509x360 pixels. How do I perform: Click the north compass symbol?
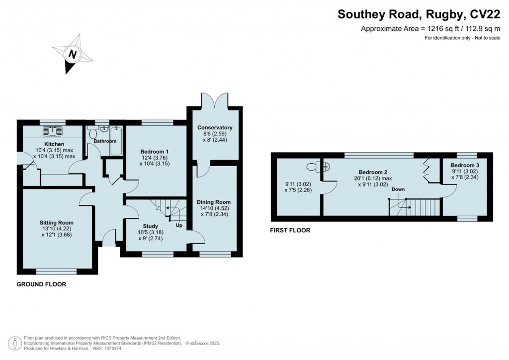(73, 53)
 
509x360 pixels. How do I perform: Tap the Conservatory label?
(215, 128)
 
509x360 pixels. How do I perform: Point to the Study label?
(150, 226)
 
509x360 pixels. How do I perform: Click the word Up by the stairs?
(178, 225)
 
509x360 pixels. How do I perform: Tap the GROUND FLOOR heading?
(41, 285)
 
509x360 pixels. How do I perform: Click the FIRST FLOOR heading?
(290, 230)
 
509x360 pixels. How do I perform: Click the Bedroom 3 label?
(465, 165)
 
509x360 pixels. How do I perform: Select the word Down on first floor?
(398, 189)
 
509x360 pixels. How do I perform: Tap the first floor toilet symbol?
(316, 166)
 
